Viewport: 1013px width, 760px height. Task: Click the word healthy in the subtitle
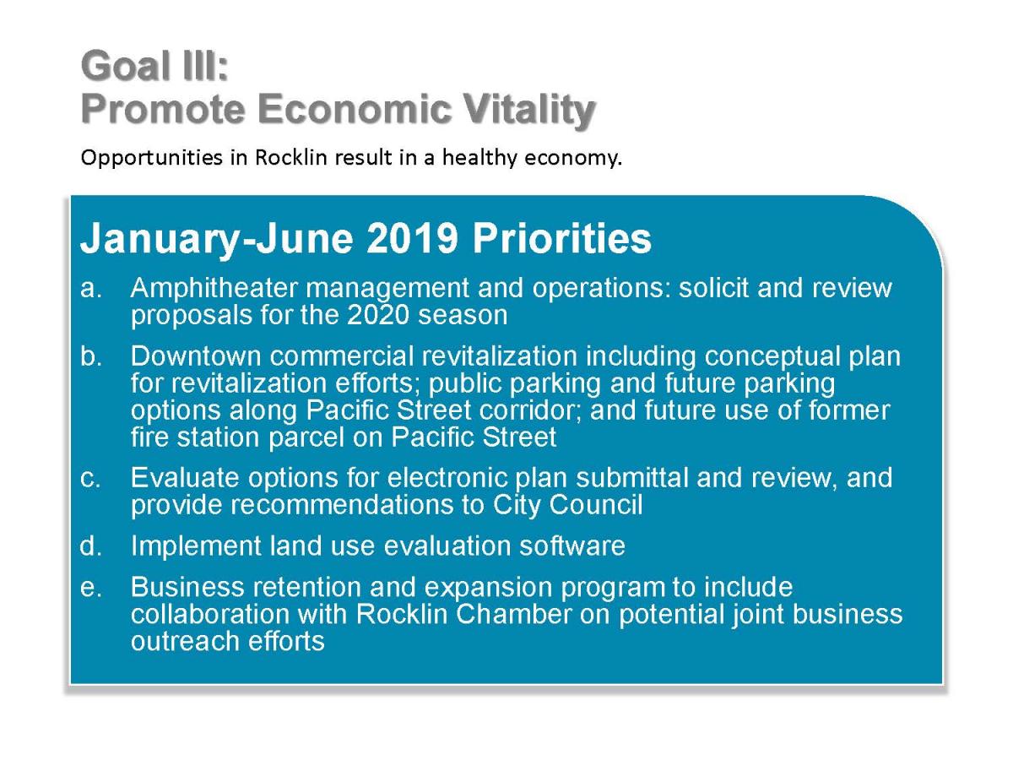click(x=479, y=157)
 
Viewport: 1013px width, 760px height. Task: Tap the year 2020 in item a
click(x=378, y=315)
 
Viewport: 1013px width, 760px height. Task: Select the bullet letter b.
click(x=91, y=356)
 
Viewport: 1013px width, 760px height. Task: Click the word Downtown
click(x=196, y=356)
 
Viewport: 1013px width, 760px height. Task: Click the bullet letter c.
click(x=90, y=479)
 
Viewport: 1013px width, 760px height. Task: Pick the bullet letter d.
click(x=90, y=546)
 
